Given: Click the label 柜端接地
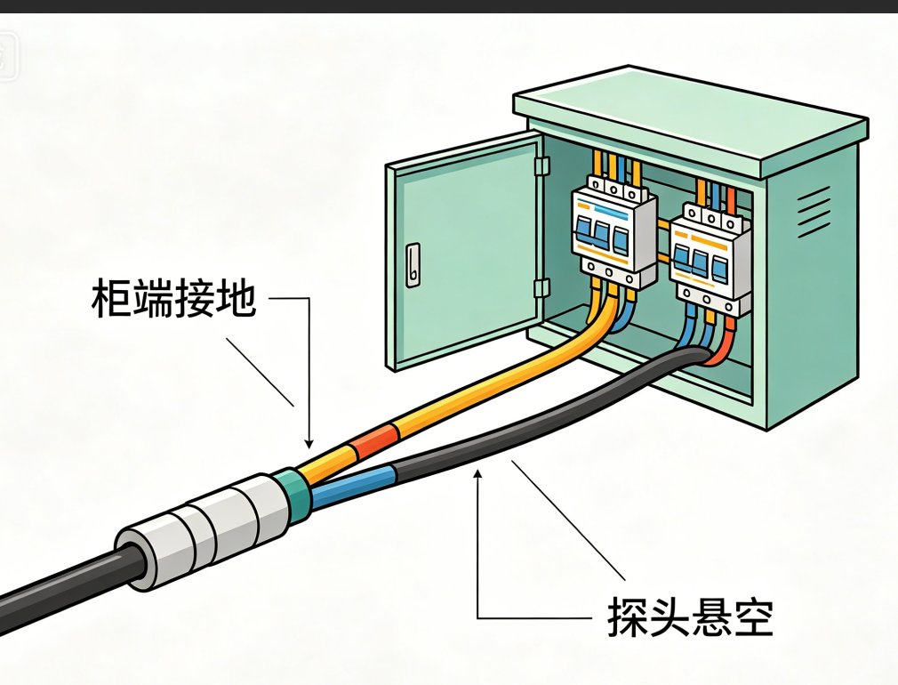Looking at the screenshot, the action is (x=173, y=298).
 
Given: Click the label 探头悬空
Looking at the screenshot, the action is (x=690, y=616).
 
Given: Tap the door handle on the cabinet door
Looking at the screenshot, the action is (x=413, y=265).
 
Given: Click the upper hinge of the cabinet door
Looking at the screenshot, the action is (x=541, y=166).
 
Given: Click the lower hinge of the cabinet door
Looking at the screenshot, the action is (x=541, y=288).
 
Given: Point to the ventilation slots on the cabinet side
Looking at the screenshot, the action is (x=814, y=212).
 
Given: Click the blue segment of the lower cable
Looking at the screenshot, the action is (x=353, y=487).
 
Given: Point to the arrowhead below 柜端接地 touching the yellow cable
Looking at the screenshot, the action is (x=309, y=444).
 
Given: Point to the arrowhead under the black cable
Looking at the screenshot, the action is (x=477, y=473).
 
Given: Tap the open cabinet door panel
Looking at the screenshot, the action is (x=464, y=251).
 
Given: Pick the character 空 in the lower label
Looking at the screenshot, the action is (x=754, y=616).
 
